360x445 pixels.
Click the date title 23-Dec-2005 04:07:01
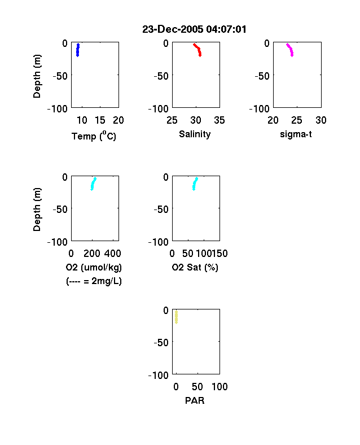coord(194,29)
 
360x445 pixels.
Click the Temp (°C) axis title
coord(94,136)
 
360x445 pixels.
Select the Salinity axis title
coord(195,134)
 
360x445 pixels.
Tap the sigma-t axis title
coord(296,134)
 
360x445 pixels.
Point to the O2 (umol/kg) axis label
coord(94,267)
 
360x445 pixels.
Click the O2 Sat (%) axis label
coord(195,267)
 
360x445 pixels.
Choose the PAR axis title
coord(195,400)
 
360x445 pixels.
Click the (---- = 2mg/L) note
coord(94,281)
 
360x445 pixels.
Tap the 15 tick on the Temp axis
coord(100,120)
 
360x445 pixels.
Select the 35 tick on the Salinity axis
coord(219,120)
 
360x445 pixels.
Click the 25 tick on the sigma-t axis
coord(297,120)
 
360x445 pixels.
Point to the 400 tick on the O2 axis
coord(113,254)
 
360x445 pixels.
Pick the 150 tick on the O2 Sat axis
coord(219,254)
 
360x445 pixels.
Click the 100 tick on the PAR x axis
coord(219,386)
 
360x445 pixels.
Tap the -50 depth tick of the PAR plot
coord(161,343)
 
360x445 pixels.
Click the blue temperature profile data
coord(78,50)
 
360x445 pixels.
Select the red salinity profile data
coord(198,49)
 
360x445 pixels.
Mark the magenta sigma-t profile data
coord(291,49)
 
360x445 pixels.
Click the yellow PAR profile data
coord(176,317)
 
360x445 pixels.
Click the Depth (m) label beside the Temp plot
coord(37,76)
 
